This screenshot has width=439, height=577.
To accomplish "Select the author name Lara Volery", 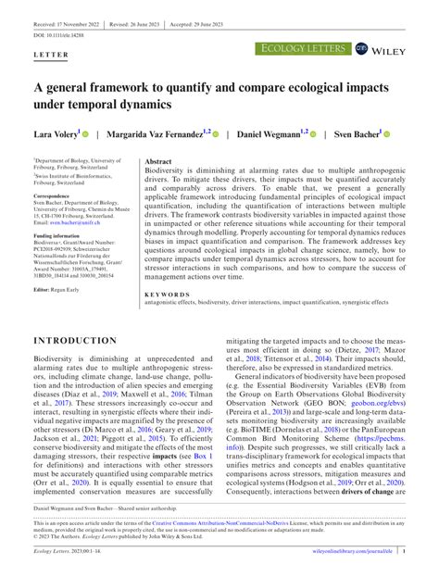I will [x=57, y=134].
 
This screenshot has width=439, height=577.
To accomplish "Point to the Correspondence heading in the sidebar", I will [x=56, y=197].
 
